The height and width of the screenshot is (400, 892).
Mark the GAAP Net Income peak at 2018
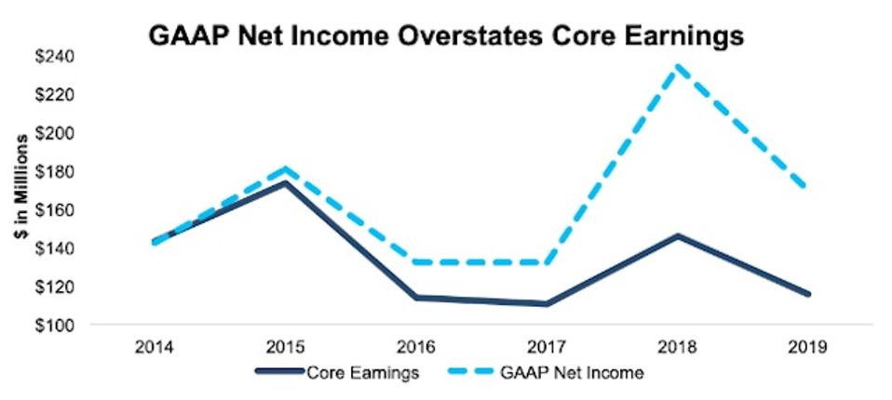click(x=678, y=65)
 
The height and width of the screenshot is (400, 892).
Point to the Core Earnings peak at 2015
click(x=286, y=181)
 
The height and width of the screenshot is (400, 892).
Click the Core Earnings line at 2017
click(x=547, y=304)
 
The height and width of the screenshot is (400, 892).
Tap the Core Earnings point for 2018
click(x=678, y=235)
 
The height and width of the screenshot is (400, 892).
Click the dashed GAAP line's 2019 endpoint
click(x=806, y=188)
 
